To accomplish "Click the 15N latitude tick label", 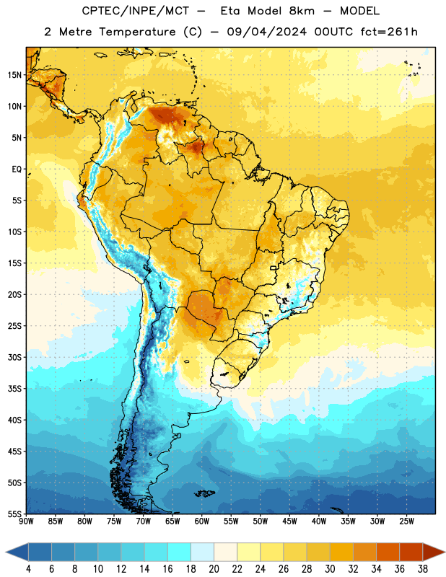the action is pyautogui.click(x=14, y=75).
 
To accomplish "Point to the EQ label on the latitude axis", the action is pyautogui.click(x=17, y=169).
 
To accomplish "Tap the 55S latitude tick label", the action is pyautogui.click(x=14, y=514).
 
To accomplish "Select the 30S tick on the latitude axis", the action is pyautogui.click(x=14, y=357).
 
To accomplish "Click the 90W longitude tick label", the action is pyautogui.click(x=26, y=521).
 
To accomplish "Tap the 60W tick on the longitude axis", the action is pyautogui.click(x=202, y=521).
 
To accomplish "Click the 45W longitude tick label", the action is pyautogui.click(x=289, y=521).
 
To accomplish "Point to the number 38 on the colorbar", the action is pyautogui.click(x=423, y=569).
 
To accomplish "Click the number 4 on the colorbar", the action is pyautogui.click(x=28, y=569).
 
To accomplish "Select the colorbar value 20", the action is pyautogui.click(x=214, y=569).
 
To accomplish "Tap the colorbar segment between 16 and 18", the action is pyautogui.click(x=180, y=552).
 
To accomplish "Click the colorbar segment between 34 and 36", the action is pyautogui.click(x=388, y=552).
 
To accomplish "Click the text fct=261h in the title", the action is pyautogui.click(x=389, y=32).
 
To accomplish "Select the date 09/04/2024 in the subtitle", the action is pyautogui.click(x=266, y=32).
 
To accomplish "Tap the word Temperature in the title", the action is pyautogui.click(x=137, y=32).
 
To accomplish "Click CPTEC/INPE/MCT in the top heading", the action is pyautogui.click(x=136, y=11).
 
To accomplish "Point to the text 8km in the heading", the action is pyautogui.click(x=302, y=11).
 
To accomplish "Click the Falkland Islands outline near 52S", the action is pyautogui.click(x=204, y=493).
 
